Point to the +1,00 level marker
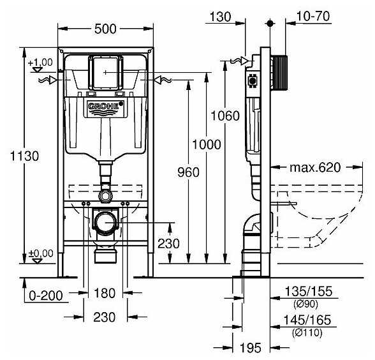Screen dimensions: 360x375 point(40,62)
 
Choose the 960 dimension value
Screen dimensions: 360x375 point(188,172)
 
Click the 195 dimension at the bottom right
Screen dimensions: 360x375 point(251,348)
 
